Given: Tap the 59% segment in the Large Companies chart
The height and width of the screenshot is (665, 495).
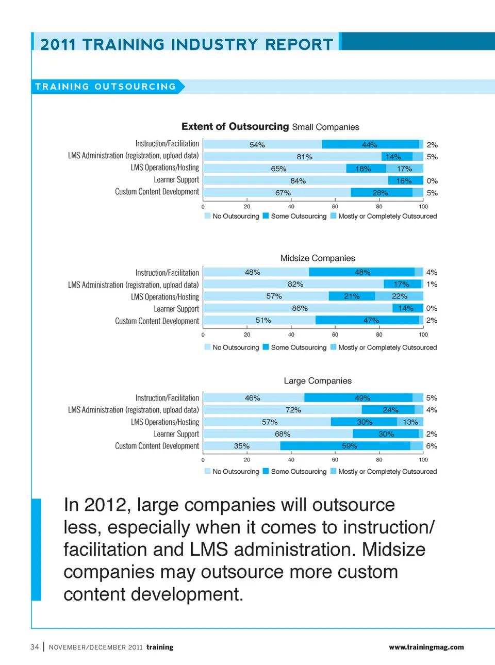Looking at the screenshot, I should point(350,446).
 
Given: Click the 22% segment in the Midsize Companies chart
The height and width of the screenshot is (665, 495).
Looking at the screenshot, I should point(399,296).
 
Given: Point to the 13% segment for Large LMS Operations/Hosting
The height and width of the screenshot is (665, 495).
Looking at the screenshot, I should point(410,422).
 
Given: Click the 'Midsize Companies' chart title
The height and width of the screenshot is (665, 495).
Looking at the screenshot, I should point(318,258).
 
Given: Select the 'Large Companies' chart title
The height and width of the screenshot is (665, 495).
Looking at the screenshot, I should point(318,381).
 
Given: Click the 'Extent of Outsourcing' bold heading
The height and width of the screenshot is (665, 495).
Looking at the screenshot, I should point(235,127).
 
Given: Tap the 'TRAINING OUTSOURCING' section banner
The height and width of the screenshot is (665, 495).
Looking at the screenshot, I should point(106,87).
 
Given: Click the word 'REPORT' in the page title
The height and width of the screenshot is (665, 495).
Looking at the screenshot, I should point(299,45).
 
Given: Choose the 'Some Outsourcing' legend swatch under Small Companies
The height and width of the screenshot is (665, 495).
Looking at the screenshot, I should point(266,216).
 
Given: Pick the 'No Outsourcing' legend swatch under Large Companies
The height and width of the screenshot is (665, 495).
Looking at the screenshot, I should point(207,471).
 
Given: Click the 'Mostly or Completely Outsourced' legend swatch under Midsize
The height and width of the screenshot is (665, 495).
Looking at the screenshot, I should point(334,347).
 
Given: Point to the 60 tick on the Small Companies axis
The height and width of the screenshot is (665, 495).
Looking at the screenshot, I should point(335,207).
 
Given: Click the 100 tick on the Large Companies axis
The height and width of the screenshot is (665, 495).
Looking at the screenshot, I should point(423,460).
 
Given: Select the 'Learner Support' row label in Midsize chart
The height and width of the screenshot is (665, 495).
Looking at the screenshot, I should point(176,309).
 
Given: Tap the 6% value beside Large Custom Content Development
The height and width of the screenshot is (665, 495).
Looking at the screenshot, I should point(432,446).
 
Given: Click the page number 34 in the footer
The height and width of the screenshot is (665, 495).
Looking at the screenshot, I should point(35,647).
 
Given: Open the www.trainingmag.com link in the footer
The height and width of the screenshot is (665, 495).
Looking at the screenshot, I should point(426,647).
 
